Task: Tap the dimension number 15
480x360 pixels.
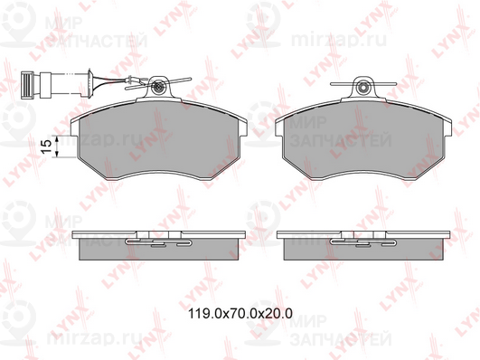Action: click(43, 147)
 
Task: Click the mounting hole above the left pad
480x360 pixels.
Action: click(159, 88)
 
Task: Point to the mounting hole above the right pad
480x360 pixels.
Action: click(363, 88)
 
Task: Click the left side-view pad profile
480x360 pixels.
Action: click(159, 249)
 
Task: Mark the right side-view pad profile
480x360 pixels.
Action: click(363, 249)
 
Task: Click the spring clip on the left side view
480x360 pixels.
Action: click(159, 242)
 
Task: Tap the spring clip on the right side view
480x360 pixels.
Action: click(363, 242)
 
